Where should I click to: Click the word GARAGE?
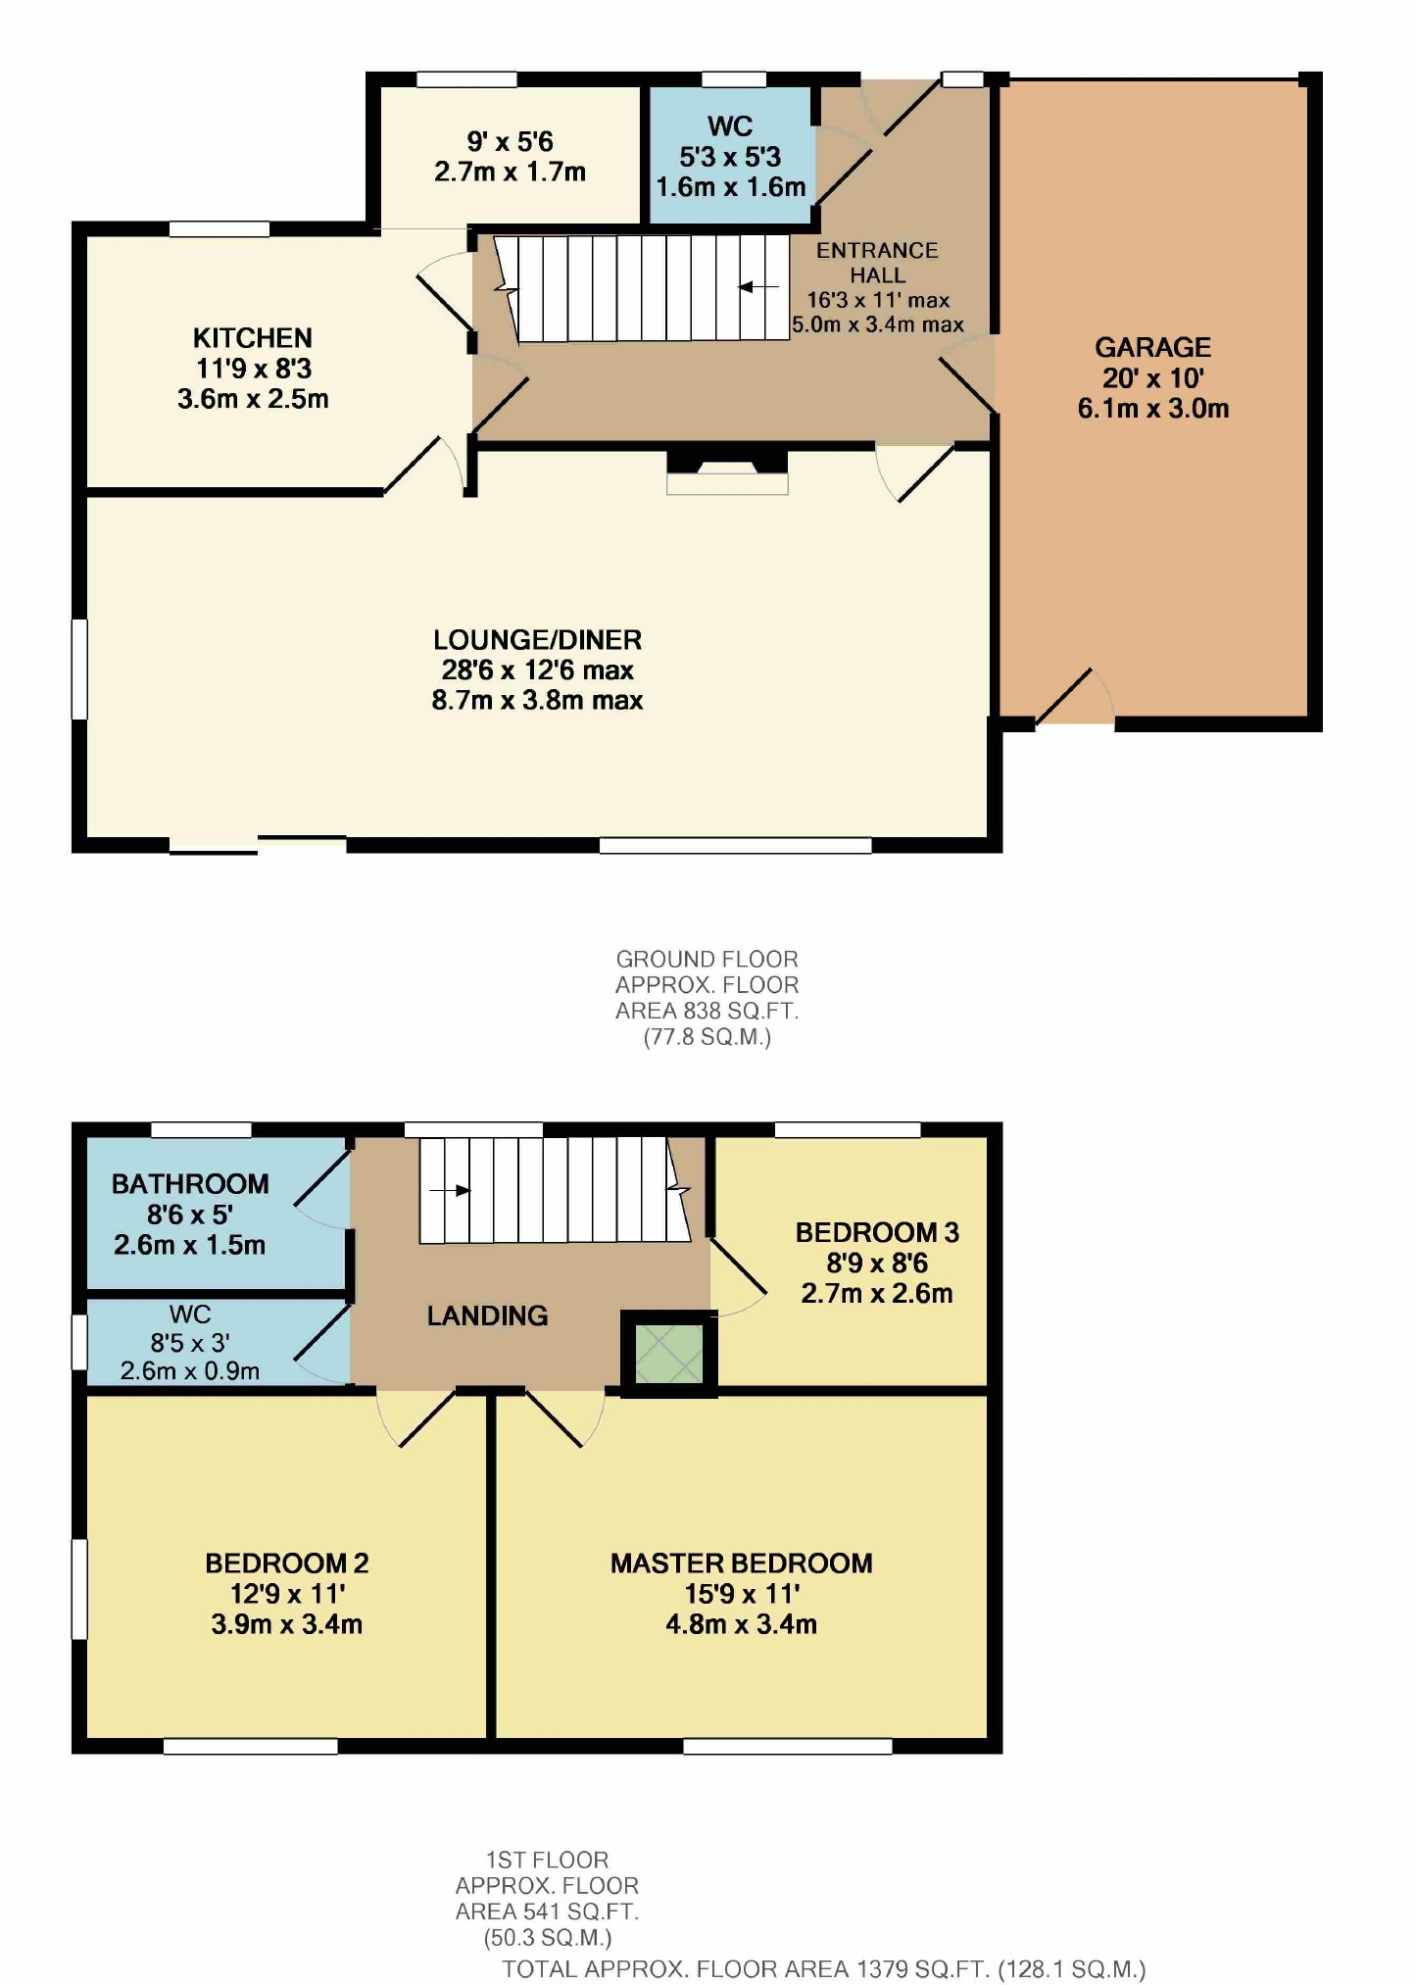click(1152, 347)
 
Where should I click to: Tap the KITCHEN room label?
click(253, 338)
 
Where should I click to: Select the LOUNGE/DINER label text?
click(537, 640)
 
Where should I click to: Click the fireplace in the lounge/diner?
click(727, 471)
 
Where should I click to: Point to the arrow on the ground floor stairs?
click(758, 287)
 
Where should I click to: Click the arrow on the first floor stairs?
click(450, 1191)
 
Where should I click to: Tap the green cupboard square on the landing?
click(669, 1354)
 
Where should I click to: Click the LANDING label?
click(487, 1315)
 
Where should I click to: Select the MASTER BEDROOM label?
click(741, 1563)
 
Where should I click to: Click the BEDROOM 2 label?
click(287, 1563)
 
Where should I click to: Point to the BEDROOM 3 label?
click(877, 1232)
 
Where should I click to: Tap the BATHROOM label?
click(190, 1184)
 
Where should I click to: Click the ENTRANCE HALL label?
click(877, 263)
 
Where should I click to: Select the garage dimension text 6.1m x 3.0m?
click(1153, 409)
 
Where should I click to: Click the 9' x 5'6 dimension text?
click(510, 142)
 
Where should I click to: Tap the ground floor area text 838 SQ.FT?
click(707, 1011)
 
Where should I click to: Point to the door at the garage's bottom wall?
click(1074, 698)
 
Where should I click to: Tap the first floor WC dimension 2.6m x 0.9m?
click(190, 1370)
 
